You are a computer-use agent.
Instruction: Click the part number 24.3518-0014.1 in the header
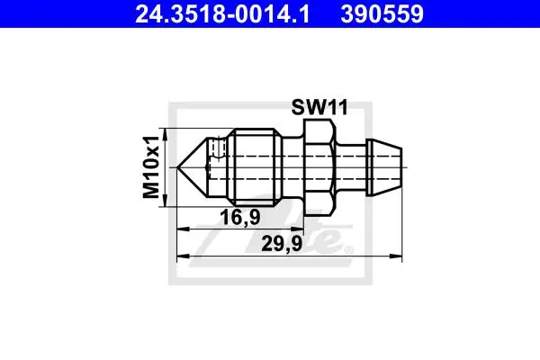[x=222, y=14]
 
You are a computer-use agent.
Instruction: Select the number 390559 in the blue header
[x=382, y=14]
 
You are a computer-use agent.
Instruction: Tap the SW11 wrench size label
[x=319, y=107]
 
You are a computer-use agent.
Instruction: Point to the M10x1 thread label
[x=151, y=167]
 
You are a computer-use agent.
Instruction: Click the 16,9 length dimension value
[x=240, y=218]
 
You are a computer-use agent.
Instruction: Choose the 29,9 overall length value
[x=282, y=244]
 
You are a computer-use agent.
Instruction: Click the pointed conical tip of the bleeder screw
[x=177, y=167]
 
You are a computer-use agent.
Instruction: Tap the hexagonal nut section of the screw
[x=319, y=167]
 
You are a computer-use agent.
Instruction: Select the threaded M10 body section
[x=254, y=167]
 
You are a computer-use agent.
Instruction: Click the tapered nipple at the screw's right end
[x=384, y=167]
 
